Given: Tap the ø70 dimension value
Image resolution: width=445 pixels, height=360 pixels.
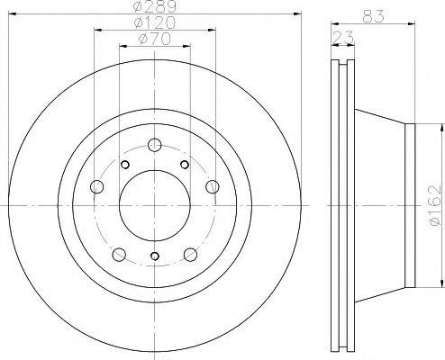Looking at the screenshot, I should (x=154, y=40).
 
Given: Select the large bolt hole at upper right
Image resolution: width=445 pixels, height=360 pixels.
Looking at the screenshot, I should (x=213, y=185).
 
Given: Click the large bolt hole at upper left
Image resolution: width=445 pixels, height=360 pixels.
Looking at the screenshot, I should (x=95, y=185).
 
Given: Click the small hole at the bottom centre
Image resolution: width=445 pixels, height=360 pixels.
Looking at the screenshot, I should (x=154, y=256).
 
